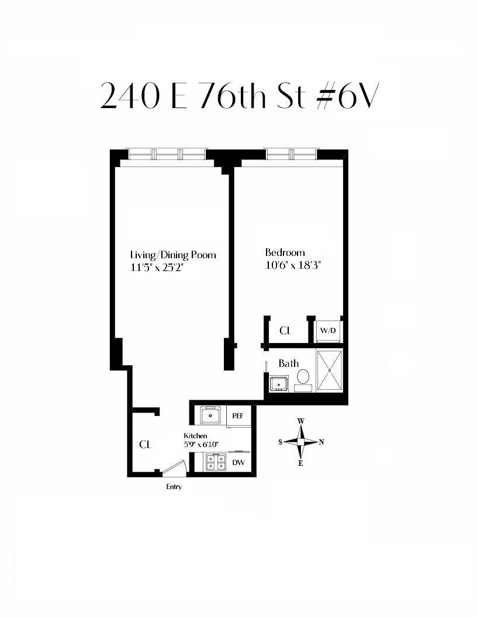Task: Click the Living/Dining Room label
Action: coord(173,255)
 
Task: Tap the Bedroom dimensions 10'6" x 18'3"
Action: coord(293,265)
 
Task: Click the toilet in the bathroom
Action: coord(303,380)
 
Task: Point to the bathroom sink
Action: coord(279,383)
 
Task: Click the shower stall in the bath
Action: coord(330,370)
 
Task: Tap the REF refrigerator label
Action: coord(238,415)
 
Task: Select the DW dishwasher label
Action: coord(238,462)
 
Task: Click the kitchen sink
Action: coord(212,415)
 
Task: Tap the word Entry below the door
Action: coord(174,487)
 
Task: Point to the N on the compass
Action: coord(322,442)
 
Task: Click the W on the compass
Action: coord(300,421)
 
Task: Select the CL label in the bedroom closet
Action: coord(285,331)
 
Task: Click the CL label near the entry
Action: coord(145,445)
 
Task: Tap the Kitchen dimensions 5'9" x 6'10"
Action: coord(201,444)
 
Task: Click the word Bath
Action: coord(289,363)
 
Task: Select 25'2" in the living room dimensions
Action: coord(171,268)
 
